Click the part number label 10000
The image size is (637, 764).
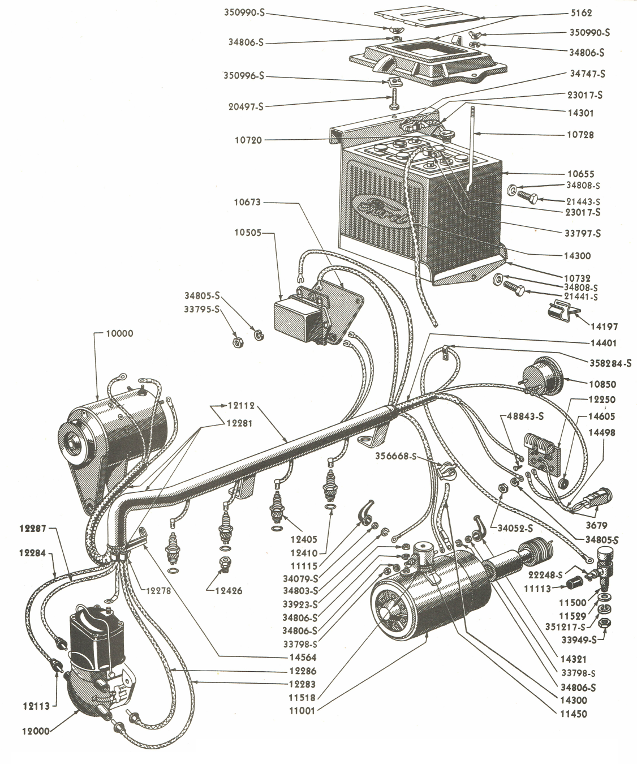click(x=119, y=333)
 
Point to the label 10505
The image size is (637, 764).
click(x=248, y=233)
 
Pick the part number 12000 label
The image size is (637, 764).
click(x=37, y=730)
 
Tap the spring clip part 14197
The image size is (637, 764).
click(x=557, y=311)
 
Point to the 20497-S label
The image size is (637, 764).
click(x=245, y=106)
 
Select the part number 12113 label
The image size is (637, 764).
click(x=37, y=705)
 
